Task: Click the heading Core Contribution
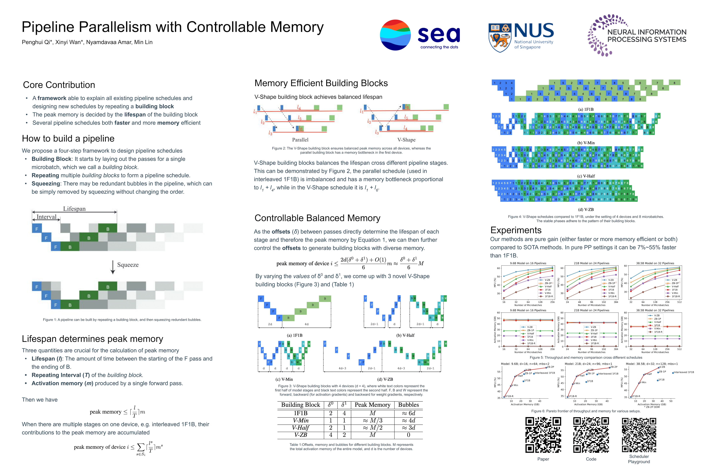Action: pyautogui.click(x=59, y=85)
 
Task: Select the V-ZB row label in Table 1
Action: pyautogui.click(x=300, y=435)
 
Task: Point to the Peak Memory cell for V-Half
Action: pyautogui.click(x=372, y=428)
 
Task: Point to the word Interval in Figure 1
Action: pyautogui.click(x=46, y=217)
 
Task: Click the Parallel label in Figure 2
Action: pyautogui.click(x=300, y=140)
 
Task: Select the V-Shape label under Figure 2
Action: pyautogui.click(x=406, y=140)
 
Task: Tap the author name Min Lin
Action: pyautogui.click(x=143, y=42)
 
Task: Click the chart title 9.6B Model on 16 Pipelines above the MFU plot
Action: pyautogui.click(x=528, y=263)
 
